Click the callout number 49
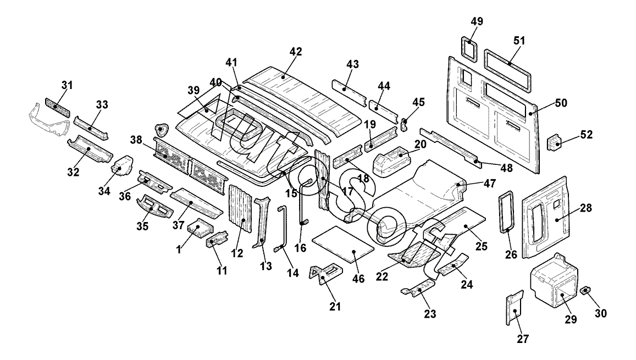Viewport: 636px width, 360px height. pos(477,22)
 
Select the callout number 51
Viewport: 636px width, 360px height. pos(519,40)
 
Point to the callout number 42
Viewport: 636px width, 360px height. pos(296,52)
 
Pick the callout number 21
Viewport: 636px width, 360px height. pos(335,306)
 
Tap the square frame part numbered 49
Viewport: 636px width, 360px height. pos(468,48)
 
